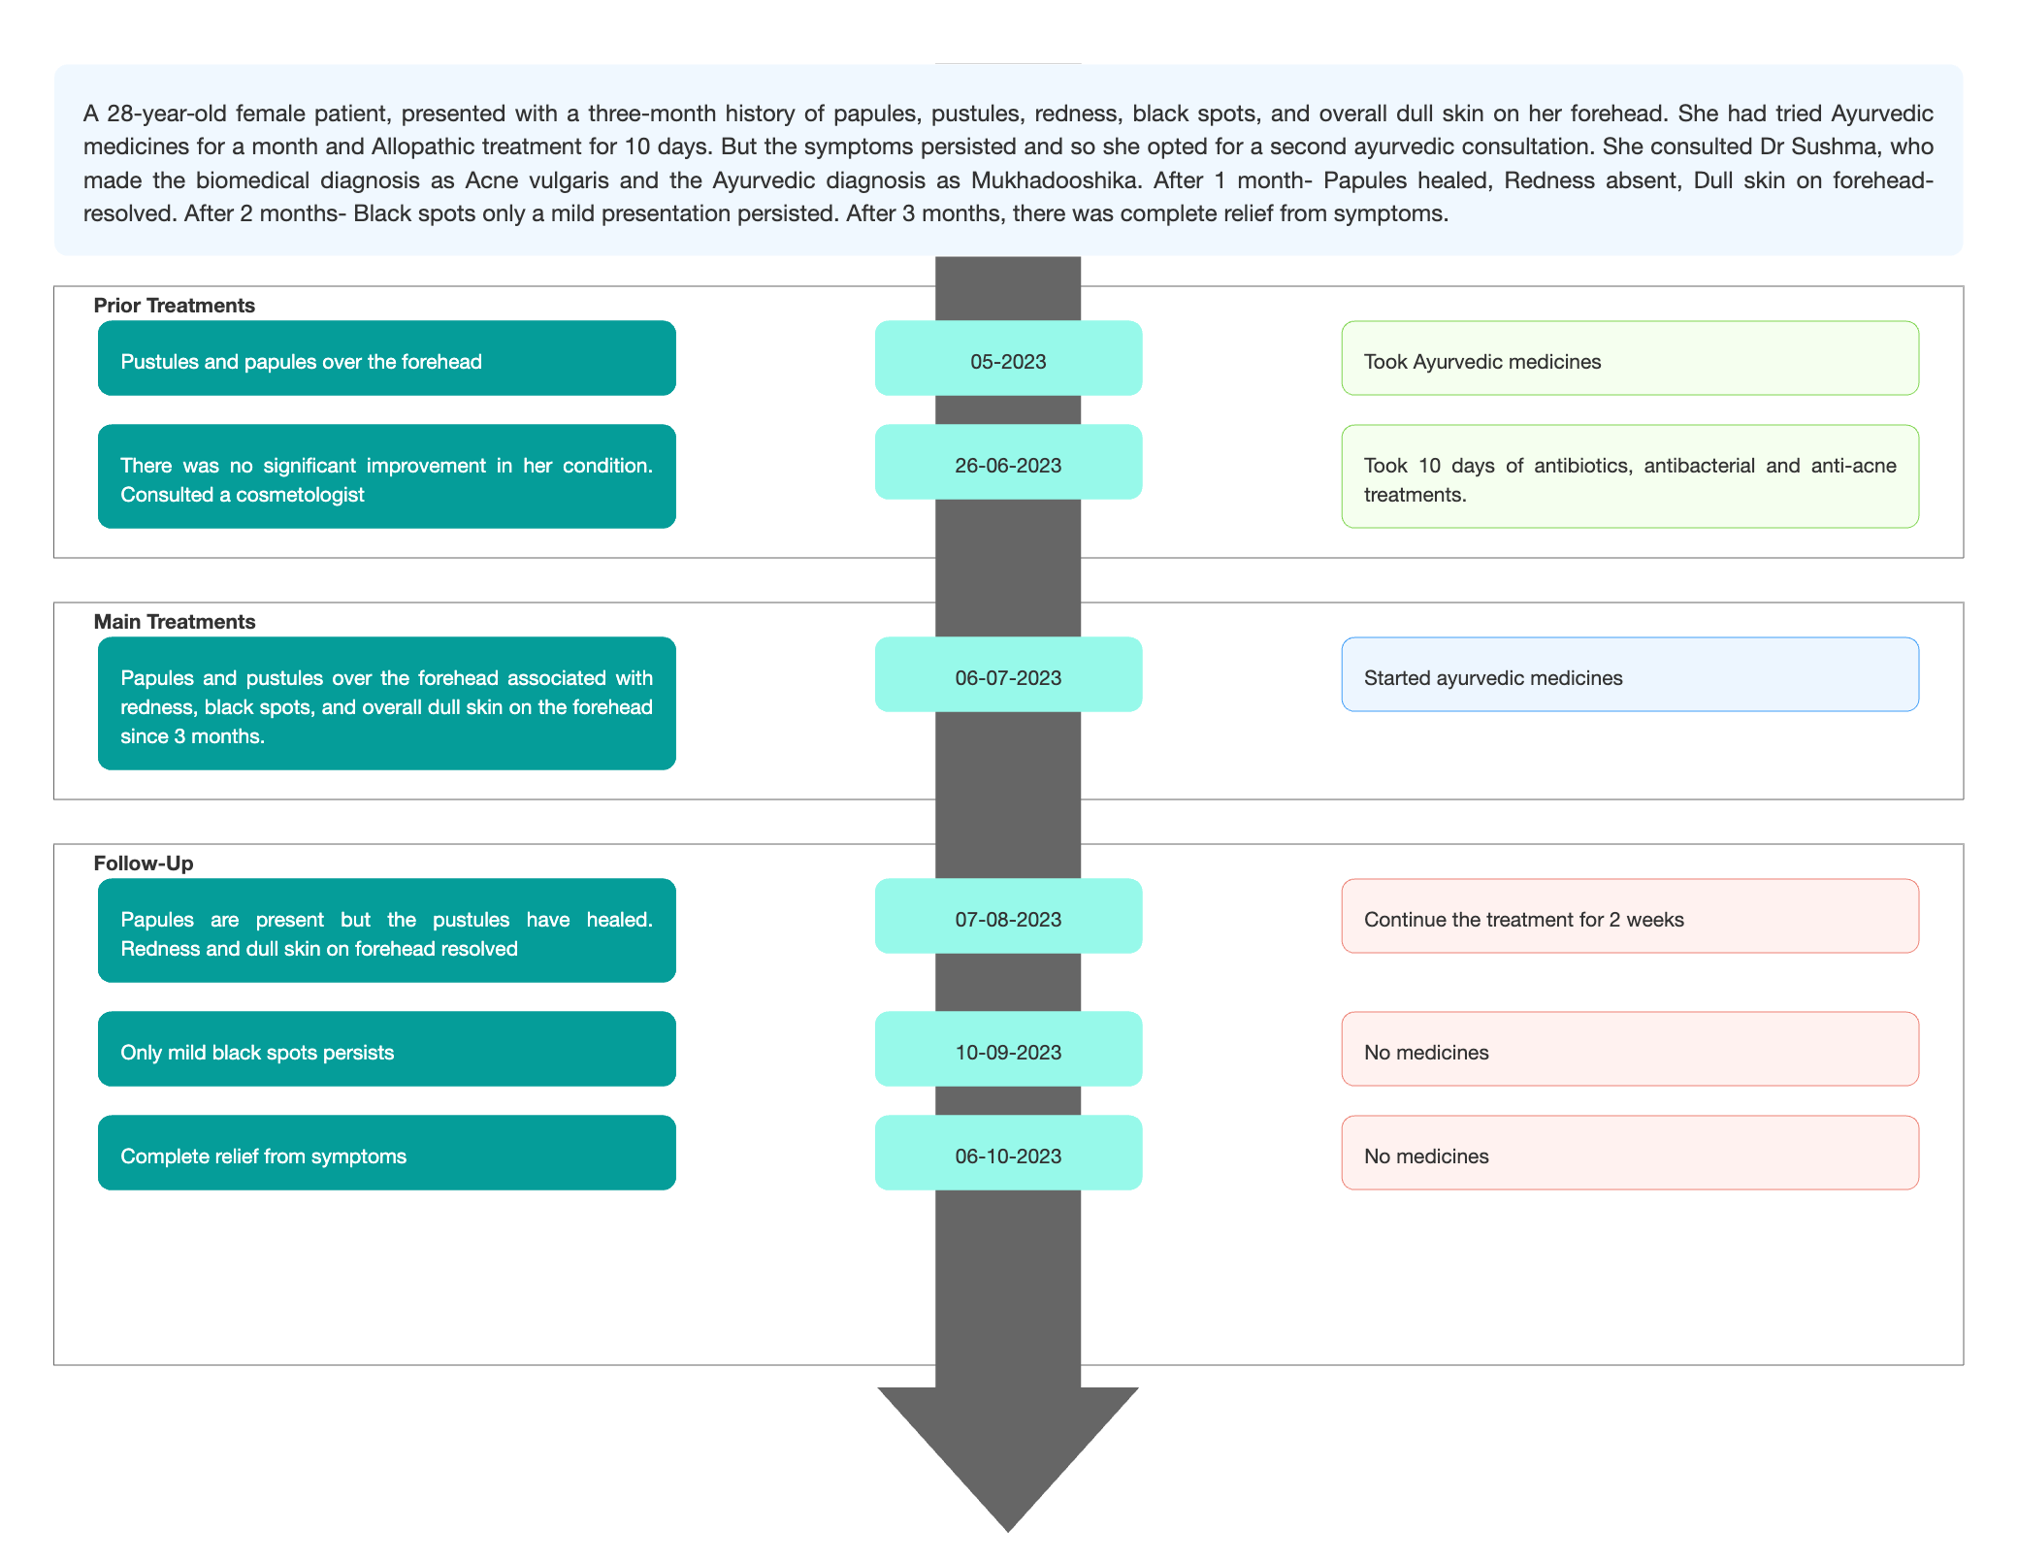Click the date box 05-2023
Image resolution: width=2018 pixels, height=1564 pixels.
point(1008,358)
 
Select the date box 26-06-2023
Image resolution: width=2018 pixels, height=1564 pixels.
point(1008,462)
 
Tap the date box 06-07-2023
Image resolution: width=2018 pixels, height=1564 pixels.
point(1008,674)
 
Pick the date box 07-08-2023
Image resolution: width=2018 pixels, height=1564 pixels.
point(1008,916)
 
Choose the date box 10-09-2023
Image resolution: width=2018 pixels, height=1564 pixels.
point(1008,1049)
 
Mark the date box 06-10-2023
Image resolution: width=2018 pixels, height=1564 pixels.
point(1008,1153)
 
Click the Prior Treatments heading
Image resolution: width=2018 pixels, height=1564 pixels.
point(175,306)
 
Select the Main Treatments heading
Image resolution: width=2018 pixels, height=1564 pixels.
point(175,622)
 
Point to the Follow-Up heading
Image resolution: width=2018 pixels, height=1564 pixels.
point(144,863)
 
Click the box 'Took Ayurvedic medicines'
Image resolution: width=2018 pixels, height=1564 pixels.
point(1630,358)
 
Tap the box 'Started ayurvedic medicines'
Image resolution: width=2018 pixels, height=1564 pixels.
point(1630,674)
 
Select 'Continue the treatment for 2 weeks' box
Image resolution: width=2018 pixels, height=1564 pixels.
point(1630,916)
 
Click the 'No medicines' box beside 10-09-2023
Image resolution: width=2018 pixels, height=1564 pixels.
point(1630,1049)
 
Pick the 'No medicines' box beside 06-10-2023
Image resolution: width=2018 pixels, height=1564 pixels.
point(1630,1153)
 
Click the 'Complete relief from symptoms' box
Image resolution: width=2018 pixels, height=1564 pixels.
point(387,1153)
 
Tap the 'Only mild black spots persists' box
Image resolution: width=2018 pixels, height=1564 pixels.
point(387,1049)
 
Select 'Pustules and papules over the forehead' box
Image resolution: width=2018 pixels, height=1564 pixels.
point(387,358)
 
